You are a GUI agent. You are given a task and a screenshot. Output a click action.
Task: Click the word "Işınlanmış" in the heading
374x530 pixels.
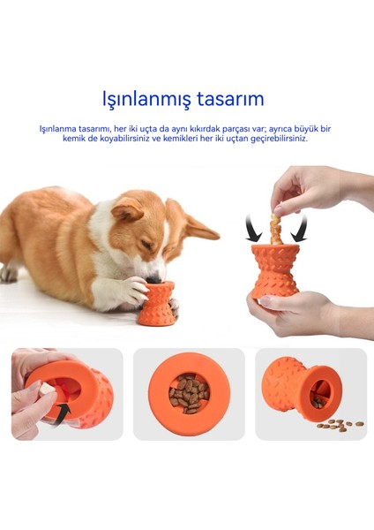(x=146, y=99)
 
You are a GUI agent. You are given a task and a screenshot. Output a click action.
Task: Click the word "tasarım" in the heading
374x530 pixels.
(x=230, y=99)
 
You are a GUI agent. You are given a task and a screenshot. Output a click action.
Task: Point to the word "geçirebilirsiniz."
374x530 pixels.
(x=279, y=139)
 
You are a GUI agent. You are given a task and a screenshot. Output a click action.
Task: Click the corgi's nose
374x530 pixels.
(x=154, y=279)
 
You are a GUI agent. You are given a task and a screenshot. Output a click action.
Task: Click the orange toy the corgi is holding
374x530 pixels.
(x=157, y=304)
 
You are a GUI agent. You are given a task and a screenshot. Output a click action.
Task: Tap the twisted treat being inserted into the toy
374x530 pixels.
(x=277, y=226)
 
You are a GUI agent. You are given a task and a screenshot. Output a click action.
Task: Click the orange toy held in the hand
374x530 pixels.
(x=275, y=271)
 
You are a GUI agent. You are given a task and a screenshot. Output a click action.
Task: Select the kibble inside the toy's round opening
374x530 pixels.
(x=189, y=393)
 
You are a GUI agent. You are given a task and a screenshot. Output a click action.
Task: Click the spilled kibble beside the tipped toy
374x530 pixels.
(x=340, y=425)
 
